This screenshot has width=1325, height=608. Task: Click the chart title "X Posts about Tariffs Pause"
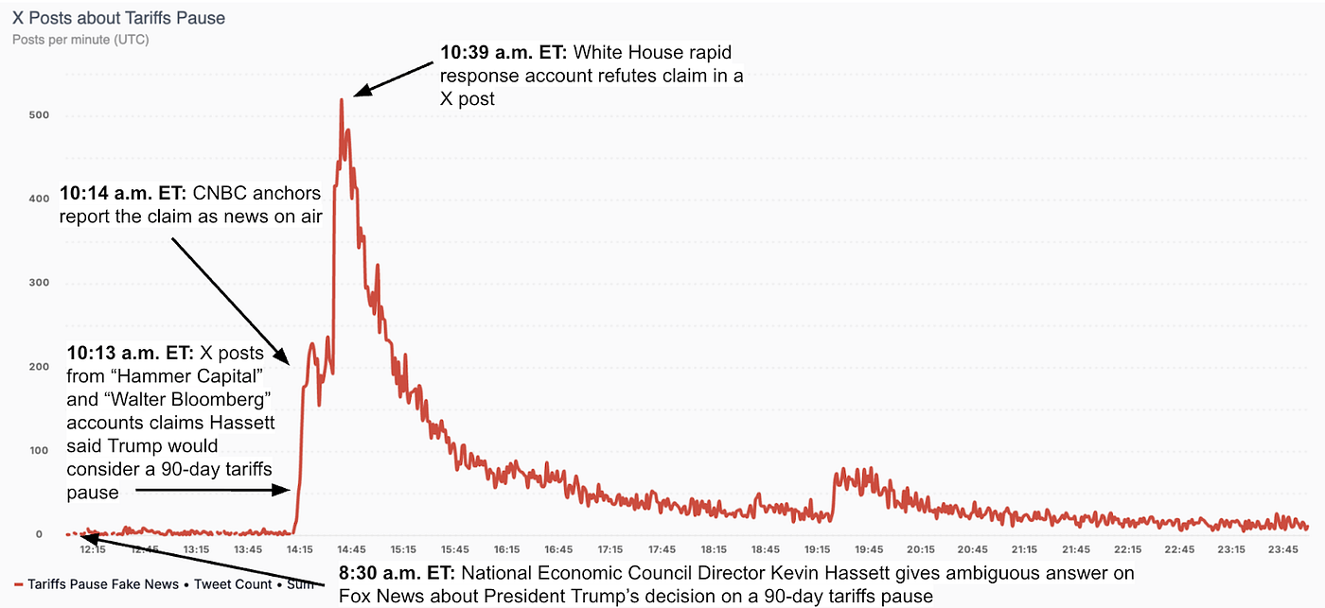(118, 18)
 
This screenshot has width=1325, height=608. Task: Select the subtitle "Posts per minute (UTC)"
(80, 40)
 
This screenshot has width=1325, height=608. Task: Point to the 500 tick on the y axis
(39, 115)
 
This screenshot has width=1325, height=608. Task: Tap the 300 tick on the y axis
(39, 283)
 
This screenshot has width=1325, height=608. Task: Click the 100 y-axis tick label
(39, 450)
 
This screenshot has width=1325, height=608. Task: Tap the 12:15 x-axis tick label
(93, 549)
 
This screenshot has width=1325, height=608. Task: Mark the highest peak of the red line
(342, 99)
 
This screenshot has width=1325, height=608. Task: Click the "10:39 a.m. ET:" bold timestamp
(503, 53)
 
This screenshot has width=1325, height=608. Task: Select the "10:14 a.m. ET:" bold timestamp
(123, 194)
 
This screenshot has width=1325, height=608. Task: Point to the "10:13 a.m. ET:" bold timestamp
(130, 353)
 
